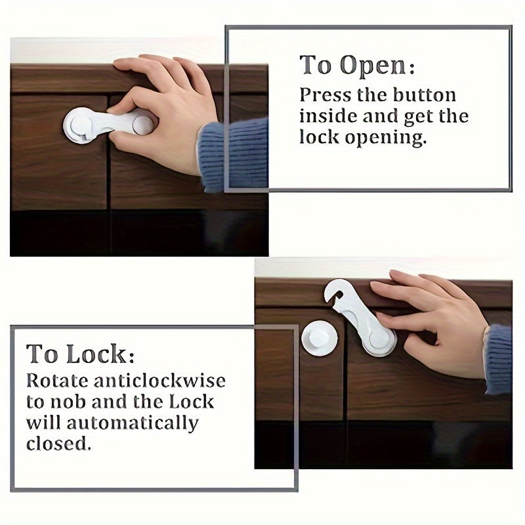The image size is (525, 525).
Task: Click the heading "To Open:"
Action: pos(357,66)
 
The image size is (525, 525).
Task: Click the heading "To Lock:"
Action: pos(80,354)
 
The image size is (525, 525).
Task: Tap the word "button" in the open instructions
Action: pos(424,94)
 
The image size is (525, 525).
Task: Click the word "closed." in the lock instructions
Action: pos(58,444)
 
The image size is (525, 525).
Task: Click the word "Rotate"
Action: pos(56,381)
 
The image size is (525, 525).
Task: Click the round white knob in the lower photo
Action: pos(320,338)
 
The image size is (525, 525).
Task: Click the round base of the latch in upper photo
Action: pos(79,125)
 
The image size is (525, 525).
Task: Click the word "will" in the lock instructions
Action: pos(41,423)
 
